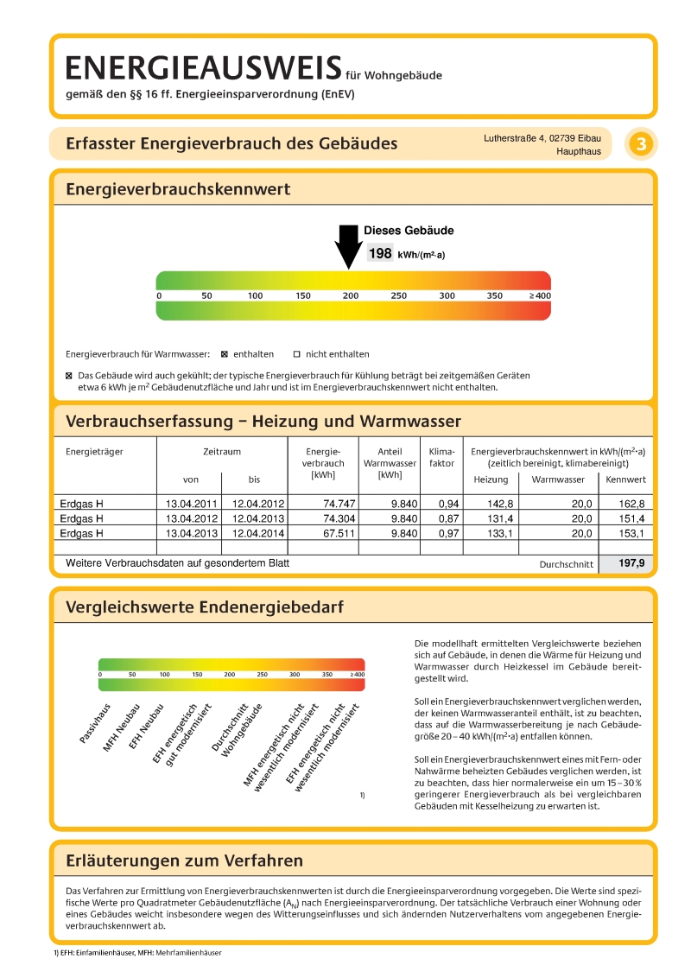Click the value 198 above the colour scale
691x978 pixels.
tap(380, 253)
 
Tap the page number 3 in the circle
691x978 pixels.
tap(641, 144)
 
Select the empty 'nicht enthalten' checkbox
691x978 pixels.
tap(295, 354)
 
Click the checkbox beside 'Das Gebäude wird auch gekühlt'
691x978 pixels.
tap(70, 377)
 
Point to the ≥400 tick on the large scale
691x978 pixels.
tap(539, 295)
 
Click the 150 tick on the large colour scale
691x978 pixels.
tap(303, 295)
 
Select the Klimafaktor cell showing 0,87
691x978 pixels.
tap(448, 518)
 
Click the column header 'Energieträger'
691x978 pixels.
tap(94, 451)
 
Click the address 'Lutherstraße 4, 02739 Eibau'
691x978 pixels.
tap(542, 137)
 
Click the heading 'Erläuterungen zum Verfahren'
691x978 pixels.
tap(184, 861)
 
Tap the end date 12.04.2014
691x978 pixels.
tap(256, 533)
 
